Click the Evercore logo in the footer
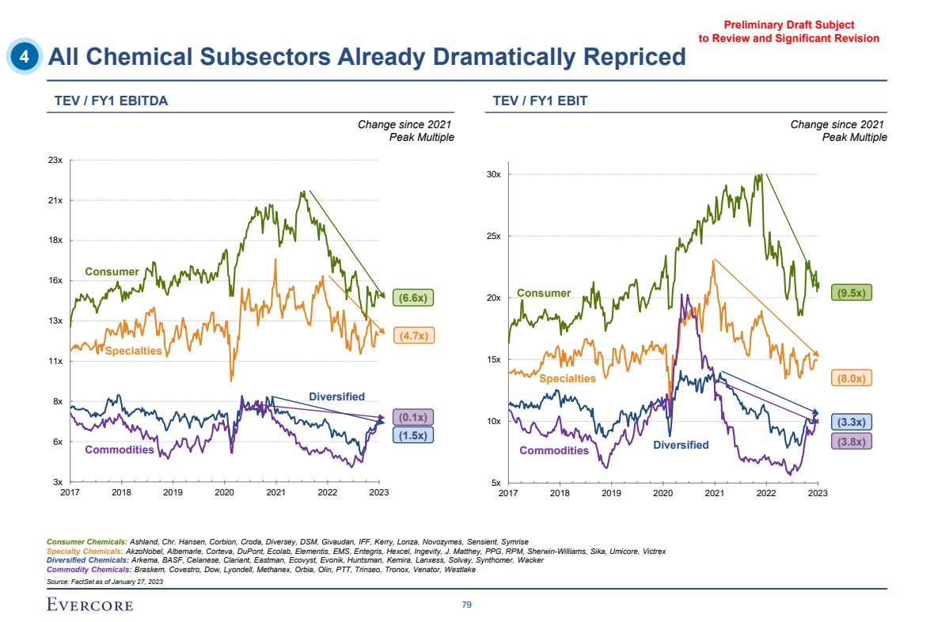coord(90,605)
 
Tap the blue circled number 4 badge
coord(26,56)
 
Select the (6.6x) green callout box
coord(413,298)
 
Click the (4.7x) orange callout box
coord(413,336)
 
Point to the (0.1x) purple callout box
coord(413,417)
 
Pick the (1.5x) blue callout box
coord(413,434)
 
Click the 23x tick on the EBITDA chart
coord(55,161)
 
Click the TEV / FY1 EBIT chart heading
coord(540,101)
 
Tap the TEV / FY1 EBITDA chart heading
coord(110,101)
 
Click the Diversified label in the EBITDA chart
coord(336,396)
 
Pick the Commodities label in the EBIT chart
coord(554,450)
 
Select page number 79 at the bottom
coord(467,605)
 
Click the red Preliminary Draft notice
coord(788,32)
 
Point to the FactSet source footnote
coord(105,582)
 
